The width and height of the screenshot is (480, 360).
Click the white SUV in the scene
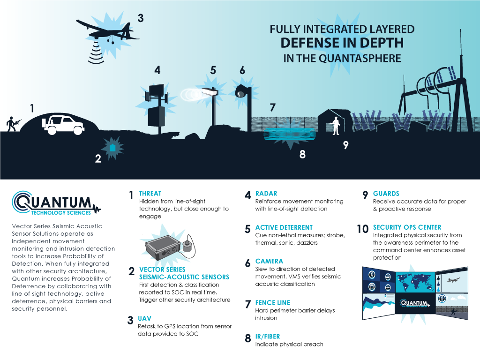click(63, 125)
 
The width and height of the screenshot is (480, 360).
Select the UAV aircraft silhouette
click(107, 32)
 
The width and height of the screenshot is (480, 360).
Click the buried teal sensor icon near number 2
click(112, 148)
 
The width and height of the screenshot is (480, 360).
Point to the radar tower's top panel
click(156, 90)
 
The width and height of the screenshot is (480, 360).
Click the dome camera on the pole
click(240, 91)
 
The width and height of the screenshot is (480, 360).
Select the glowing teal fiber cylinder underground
click(290, 135)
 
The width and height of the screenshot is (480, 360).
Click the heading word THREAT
click(150, 194)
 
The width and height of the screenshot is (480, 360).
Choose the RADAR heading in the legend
click(266, 194)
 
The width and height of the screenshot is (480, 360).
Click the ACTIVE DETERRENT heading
click(284, 227)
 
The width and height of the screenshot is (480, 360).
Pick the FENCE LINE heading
click(272, 303)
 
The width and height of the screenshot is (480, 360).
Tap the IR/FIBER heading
click(268, 337)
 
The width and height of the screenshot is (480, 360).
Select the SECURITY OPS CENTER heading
click(407, 227)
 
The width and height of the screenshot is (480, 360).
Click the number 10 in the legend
click(362, 229)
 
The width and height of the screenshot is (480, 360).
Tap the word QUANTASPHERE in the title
click(360, 58)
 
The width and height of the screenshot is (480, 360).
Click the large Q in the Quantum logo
click(22, 202)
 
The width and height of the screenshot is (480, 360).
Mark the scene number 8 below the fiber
click(302, 154)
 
